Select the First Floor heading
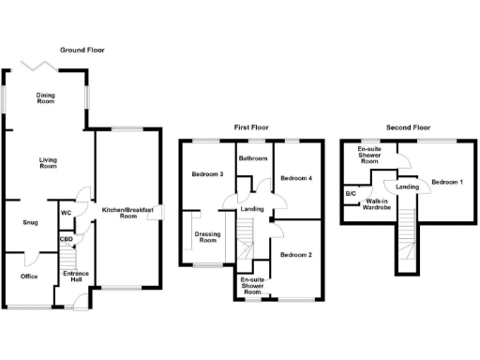(x=254, y=127)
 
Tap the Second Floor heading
(x=409, y=127)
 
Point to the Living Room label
(x=49, y=163)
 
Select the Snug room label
(x=30, y=223)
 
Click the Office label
(x=30, y=277)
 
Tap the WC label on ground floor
(x=67, y=213)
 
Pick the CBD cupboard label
(x=67, y=239)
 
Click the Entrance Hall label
(x=74, y=277)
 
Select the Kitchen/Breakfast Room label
(x=127, y=213)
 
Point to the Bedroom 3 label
(x=207, y=174)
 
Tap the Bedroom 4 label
(x=295, y=178)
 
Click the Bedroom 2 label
(x=295, y=254)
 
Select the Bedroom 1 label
(x=447, y=181)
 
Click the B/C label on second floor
(x=351, y=194)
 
